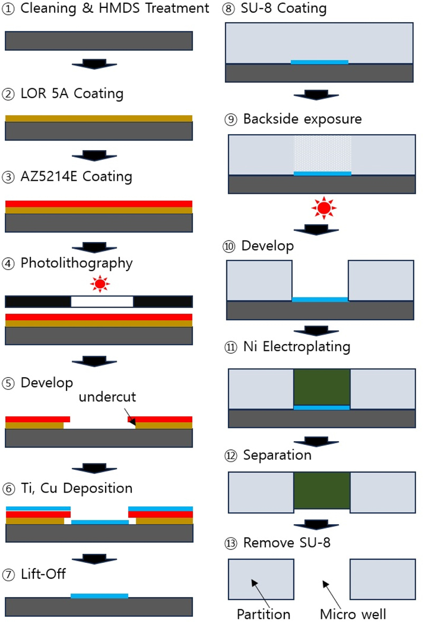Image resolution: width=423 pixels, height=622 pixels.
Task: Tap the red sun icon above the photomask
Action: pos(99,285)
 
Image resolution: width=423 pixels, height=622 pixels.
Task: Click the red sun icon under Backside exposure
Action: pos(323,208)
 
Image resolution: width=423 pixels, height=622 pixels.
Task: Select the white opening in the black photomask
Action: pos(102,301)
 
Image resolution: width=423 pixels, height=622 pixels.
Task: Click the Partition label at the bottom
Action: pos(263,614)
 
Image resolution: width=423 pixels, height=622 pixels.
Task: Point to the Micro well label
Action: pos(353,614)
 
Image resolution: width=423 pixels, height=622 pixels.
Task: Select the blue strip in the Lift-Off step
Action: pos(99,596)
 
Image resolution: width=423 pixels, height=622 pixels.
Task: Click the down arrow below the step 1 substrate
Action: pos(94,64)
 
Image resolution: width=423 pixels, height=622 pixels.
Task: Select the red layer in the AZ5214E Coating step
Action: pos(99,203)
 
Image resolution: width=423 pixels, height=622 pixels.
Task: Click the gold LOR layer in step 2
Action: pos(99,118)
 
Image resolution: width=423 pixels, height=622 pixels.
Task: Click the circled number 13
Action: pos(231,543)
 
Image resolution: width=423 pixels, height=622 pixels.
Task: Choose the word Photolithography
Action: pos(77,263)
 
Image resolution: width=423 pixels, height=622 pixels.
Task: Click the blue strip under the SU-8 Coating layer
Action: pos(319,62)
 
